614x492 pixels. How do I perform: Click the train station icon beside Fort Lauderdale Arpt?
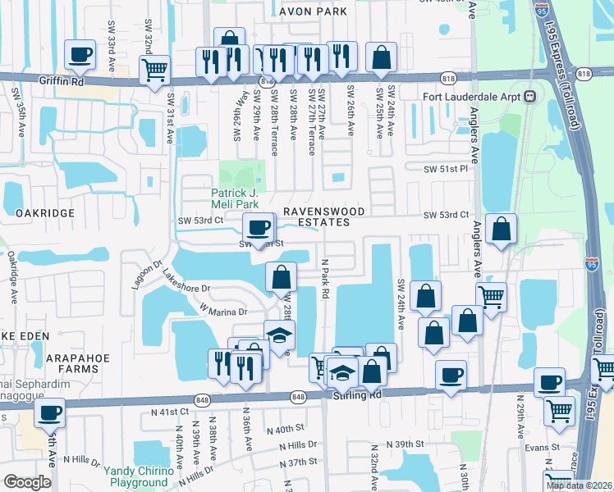[529, 96]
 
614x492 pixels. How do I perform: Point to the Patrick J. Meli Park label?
[243, 198]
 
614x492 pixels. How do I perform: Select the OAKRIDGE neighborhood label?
[45, 213]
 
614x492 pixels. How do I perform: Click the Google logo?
[27, 481]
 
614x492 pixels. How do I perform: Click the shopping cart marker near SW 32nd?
[153, 71]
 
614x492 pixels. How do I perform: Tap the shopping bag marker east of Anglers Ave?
[501, 230]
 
